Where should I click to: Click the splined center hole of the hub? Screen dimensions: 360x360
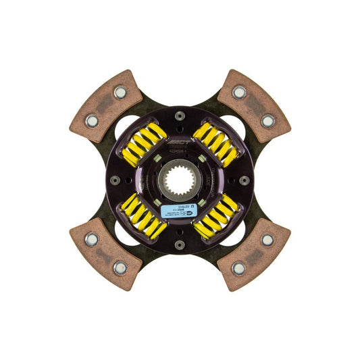180,180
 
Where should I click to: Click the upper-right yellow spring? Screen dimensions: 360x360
216,144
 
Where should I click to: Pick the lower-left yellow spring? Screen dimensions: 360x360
144,217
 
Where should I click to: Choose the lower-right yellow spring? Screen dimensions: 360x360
216,217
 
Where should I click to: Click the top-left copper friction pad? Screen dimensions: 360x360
105,106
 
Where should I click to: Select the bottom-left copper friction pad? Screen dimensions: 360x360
105,254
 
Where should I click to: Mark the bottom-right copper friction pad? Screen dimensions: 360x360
255,254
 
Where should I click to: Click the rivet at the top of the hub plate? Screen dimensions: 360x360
180,115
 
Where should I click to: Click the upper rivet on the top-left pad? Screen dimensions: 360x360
120,92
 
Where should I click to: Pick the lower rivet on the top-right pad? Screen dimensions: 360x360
268,121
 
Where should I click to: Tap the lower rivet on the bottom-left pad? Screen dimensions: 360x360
120,268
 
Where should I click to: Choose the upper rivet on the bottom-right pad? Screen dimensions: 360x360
268,239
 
